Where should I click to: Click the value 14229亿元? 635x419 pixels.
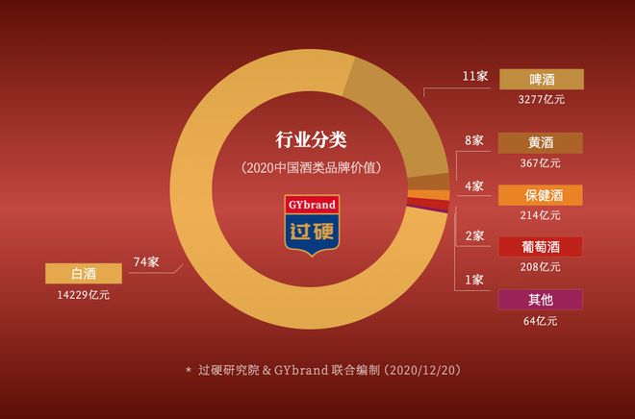coord(83,295)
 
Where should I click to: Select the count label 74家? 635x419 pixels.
coord(146,261)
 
